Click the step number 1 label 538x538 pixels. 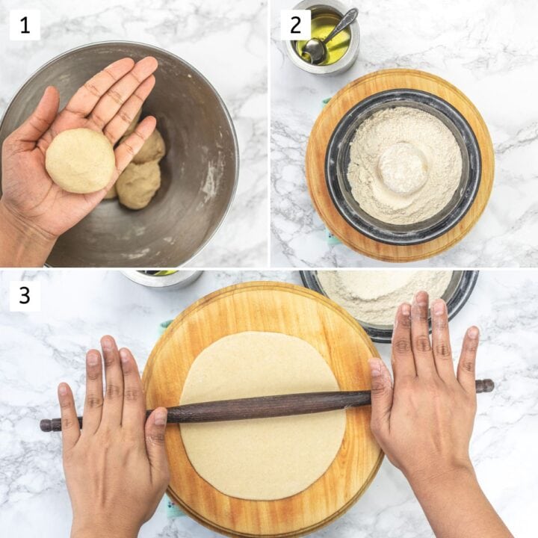[25, 25]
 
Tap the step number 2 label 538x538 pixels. [295, 25]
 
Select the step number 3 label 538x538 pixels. [25, 295]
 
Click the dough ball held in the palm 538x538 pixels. [80, 161]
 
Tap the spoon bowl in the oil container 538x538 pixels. [313, 48]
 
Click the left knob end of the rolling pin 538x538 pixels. [46, 424]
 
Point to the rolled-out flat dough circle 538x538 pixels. [262, 415]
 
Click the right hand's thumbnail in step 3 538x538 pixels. [376, 367]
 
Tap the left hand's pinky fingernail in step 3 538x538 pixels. [63, 390]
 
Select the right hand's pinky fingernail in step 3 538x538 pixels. [474, 332]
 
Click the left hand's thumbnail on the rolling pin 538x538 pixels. [160, 417]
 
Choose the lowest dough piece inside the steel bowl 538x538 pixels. [138, 185]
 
